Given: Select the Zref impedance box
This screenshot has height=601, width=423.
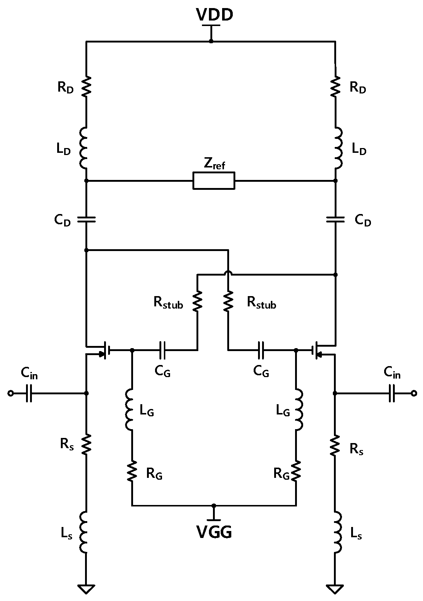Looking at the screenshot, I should (214, 181).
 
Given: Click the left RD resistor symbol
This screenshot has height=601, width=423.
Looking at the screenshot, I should (86, 87).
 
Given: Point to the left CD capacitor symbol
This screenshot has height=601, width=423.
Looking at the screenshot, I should (86, 220).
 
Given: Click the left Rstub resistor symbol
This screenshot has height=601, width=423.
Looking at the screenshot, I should (197, 301).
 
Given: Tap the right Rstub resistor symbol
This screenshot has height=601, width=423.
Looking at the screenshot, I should (228, 301).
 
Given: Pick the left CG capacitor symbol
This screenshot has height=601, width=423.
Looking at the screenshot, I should (162, 350).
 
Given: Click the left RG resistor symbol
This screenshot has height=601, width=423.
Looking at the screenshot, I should (132, 472).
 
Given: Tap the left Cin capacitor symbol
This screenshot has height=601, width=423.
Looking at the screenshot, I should (29, 394).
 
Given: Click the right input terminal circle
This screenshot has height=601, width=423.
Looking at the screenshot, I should (413, 394).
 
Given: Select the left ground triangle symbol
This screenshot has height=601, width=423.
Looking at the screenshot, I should (86, 589).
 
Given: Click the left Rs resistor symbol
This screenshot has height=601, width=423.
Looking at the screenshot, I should (86, 444).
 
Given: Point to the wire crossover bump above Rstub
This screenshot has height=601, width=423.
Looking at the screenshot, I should (228, 272).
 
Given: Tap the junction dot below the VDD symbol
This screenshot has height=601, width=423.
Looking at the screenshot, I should (211, 41).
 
